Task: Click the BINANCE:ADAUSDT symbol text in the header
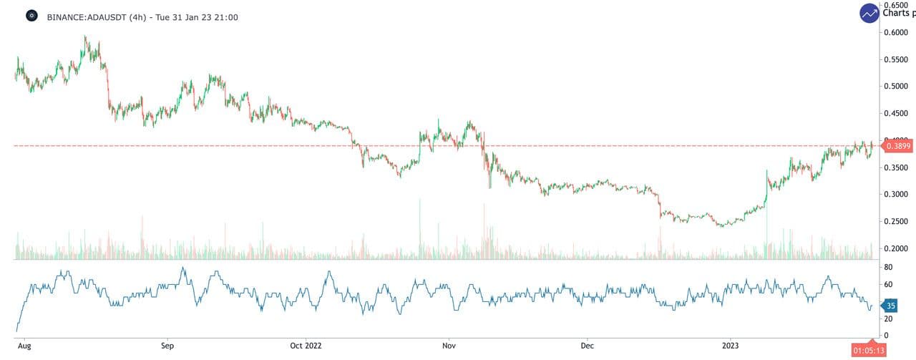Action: click(87, 16)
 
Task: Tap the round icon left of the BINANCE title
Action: click(31, 16)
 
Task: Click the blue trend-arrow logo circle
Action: click(870, 13)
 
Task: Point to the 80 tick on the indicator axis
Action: click(890, 267)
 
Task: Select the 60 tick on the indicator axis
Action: click(890, 284)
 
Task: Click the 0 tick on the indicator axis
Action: click(887, 336)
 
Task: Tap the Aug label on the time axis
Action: click(24, 345)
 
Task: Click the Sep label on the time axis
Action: click(167, 345)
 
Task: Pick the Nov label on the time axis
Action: click(449, 345)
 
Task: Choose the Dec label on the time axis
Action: click(588, 345)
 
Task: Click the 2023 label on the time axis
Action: click(731, 345)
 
